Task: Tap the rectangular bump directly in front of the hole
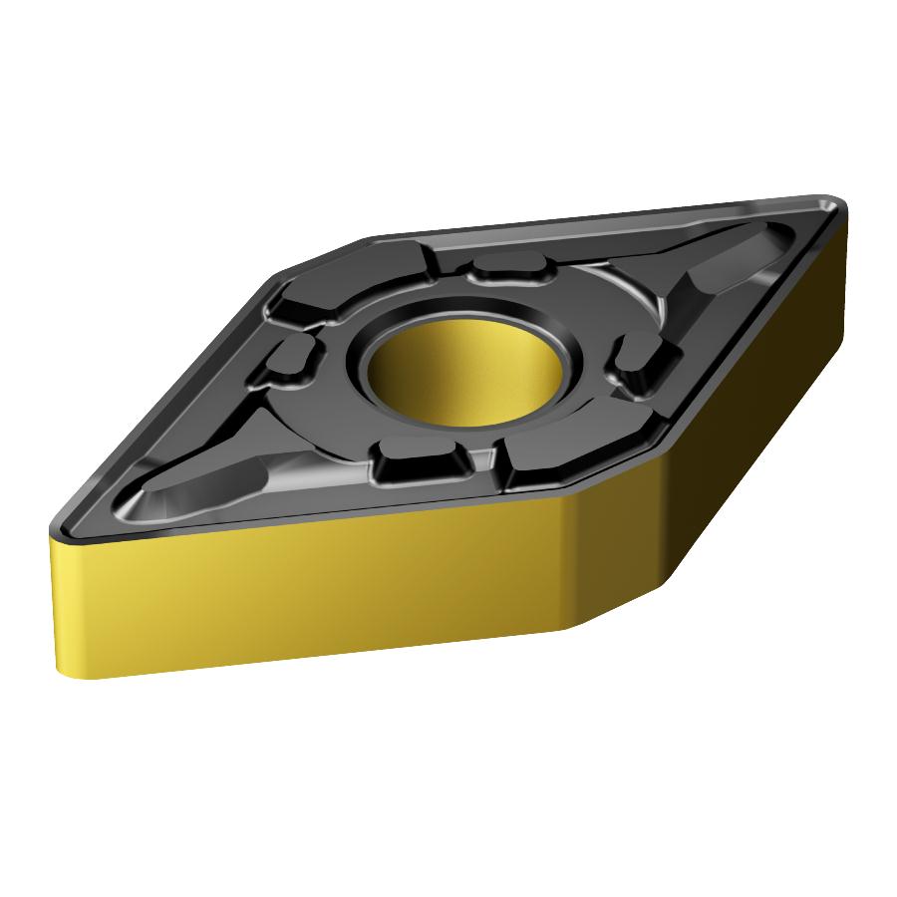419,462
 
